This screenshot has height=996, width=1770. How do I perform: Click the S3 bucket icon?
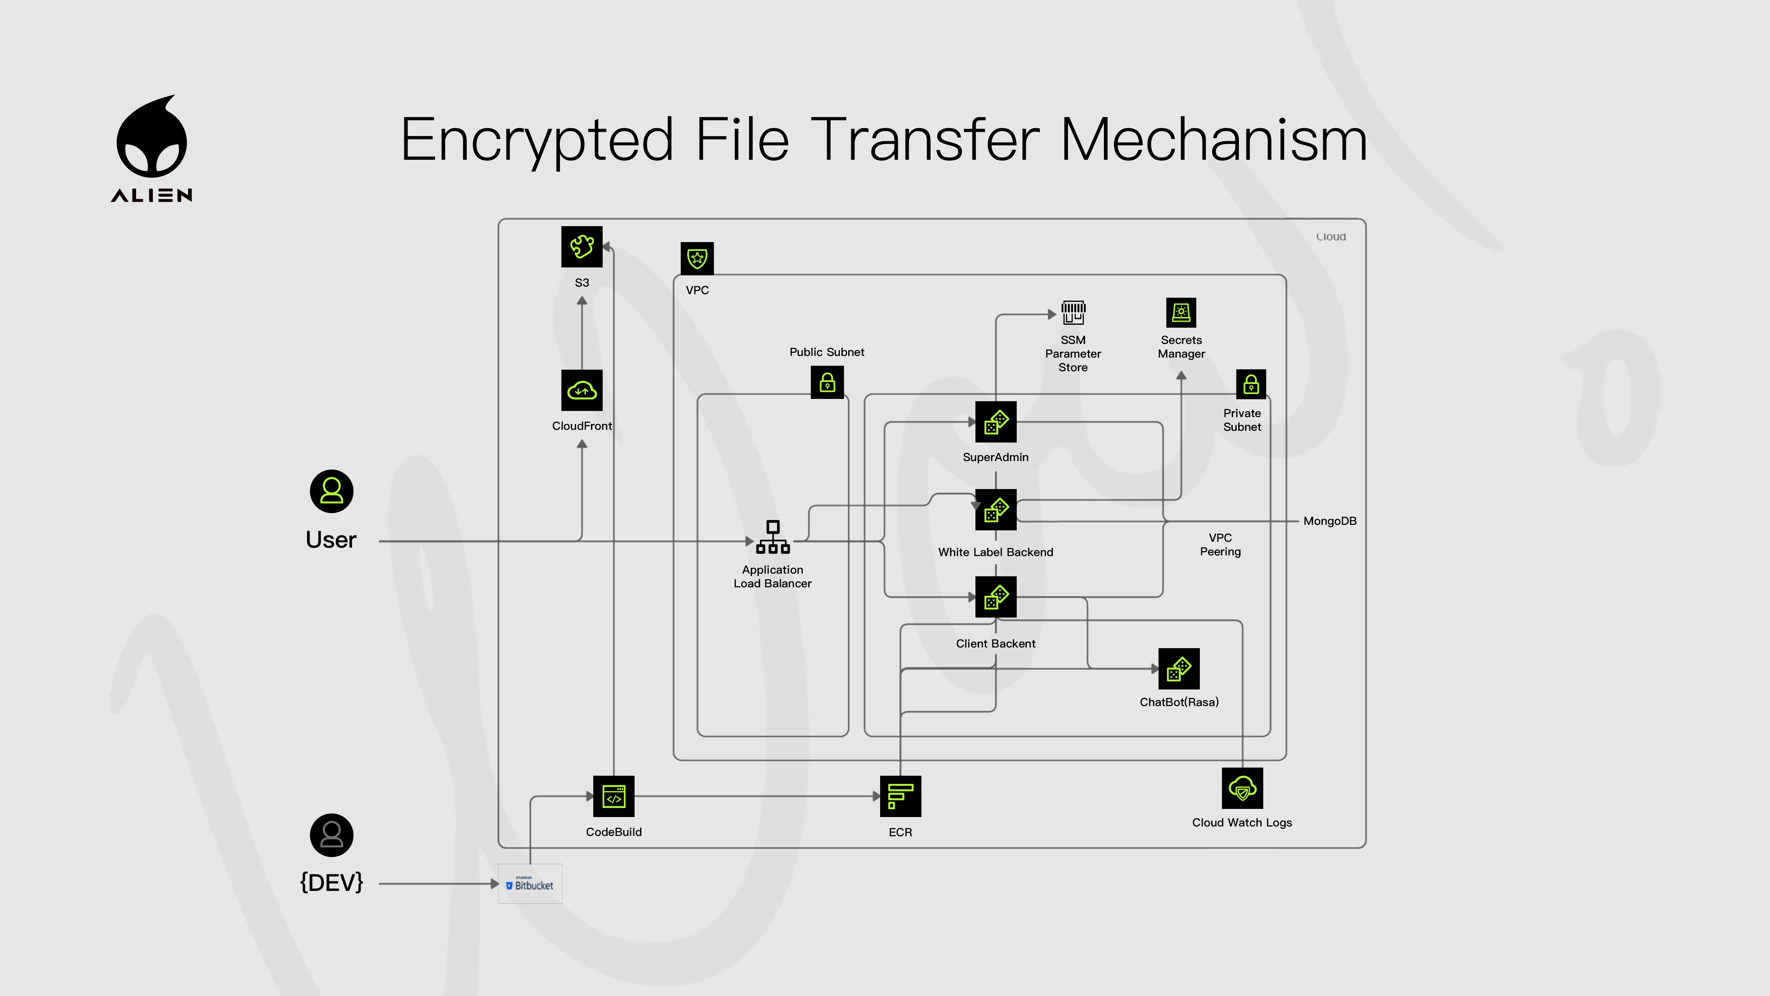581,247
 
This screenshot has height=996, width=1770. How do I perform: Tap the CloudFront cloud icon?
581,390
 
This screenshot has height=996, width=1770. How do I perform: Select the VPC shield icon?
697,258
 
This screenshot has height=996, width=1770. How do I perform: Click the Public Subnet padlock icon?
827,382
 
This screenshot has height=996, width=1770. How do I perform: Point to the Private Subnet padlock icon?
1251,384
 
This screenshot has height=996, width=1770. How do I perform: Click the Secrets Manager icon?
1181,313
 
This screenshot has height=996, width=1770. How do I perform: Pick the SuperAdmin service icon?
996,422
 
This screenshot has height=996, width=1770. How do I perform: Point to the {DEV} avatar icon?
331,835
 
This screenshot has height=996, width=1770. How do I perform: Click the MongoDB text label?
1330,521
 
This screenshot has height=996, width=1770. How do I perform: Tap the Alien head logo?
152,137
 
